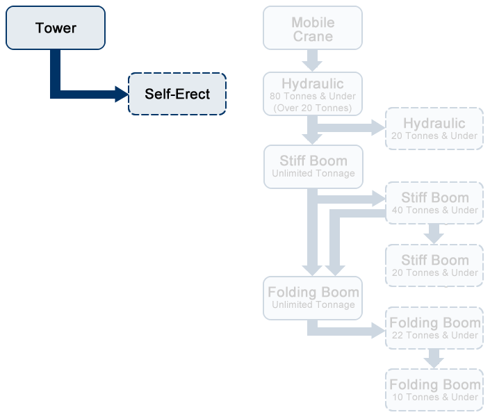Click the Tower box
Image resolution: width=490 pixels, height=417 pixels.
[x=56, y=28]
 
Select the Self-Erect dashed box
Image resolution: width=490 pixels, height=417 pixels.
[x=177, y=94]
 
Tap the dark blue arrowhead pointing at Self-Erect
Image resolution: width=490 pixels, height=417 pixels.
[x=122, y=94]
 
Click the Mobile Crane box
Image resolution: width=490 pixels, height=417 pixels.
[x=313, y=28]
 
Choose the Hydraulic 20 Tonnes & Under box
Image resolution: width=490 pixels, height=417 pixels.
[x=434, y=129]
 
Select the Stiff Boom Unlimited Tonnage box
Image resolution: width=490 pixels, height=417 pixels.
[x=313, y=167]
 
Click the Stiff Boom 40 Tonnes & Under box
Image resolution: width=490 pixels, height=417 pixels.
[x=434, y=203]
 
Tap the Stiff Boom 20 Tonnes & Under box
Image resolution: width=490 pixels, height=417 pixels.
[x=434, y=265]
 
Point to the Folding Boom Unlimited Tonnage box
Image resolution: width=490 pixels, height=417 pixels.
[x=313, y=297]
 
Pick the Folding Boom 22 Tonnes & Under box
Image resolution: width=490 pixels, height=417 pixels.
[x=434, y=328]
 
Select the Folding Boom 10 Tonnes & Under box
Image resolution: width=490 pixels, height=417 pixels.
[x=434, y=390]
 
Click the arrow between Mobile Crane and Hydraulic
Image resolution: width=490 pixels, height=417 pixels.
[x=313, y=60]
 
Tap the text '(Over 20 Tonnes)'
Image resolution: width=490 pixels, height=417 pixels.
[x=313, y=108]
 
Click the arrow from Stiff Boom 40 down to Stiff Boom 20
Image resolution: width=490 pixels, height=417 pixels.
[x=434, y=234]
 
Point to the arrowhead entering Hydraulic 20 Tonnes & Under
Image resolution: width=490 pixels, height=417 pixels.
[x=379, y=127]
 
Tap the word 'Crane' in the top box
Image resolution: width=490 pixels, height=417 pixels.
[x=313, y=36]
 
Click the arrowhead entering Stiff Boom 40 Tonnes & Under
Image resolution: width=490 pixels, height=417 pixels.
[x=379, y=199]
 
